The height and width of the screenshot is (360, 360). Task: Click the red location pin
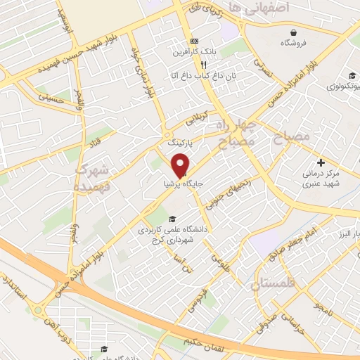181,165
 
